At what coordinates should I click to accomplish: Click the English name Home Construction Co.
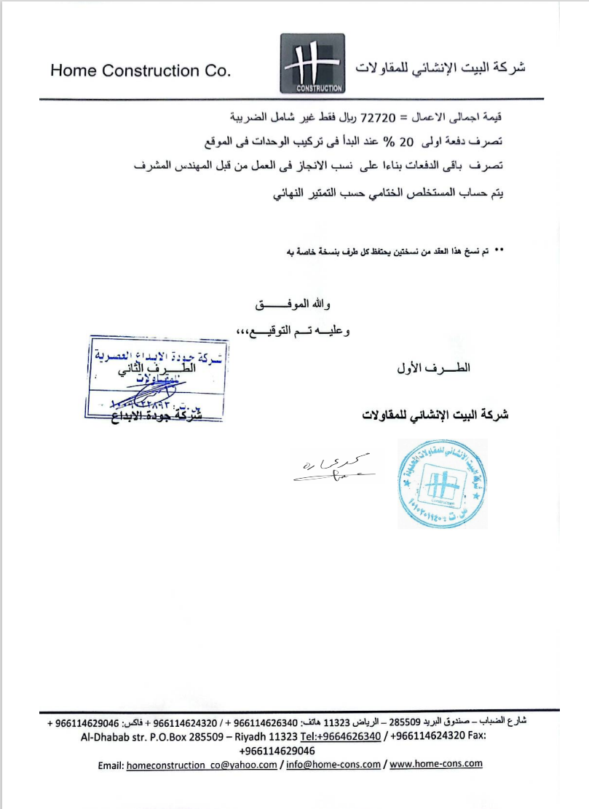[140, 71]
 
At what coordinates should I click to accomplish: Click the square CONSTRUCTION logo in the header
[312, 64]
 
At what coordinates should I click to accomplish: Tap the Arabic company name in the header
[440, 68]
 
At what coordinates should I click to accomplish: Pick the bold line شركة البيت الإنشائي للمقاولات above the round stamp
[435, 415]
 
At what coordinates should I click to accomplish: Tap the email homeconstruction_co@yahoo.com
[202, 765]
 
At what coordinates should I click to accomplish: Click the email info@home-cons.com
[333, 765]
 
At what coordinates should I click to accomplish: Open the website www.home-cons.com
[437, 764]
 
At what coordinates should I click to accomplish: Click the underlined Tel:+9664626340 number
[340, 736]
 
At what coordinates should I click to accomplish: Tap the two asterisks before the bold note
[499, 251]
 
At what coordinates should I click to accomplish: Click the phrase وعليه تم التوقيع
[295, 332]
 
